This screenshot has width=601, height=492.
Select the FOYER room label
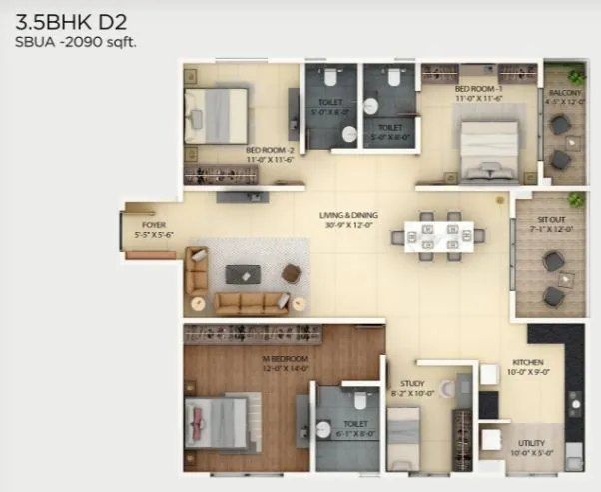coord(153,226)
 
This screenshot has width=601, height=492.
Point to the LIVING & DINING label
coord(344,215)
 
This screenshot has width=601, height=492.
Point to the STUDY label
coord(412,381)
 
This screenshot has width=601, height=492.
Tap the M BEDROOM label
coord(286,358)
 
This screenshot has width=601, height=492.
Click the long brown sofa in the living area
coord(238,303)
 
